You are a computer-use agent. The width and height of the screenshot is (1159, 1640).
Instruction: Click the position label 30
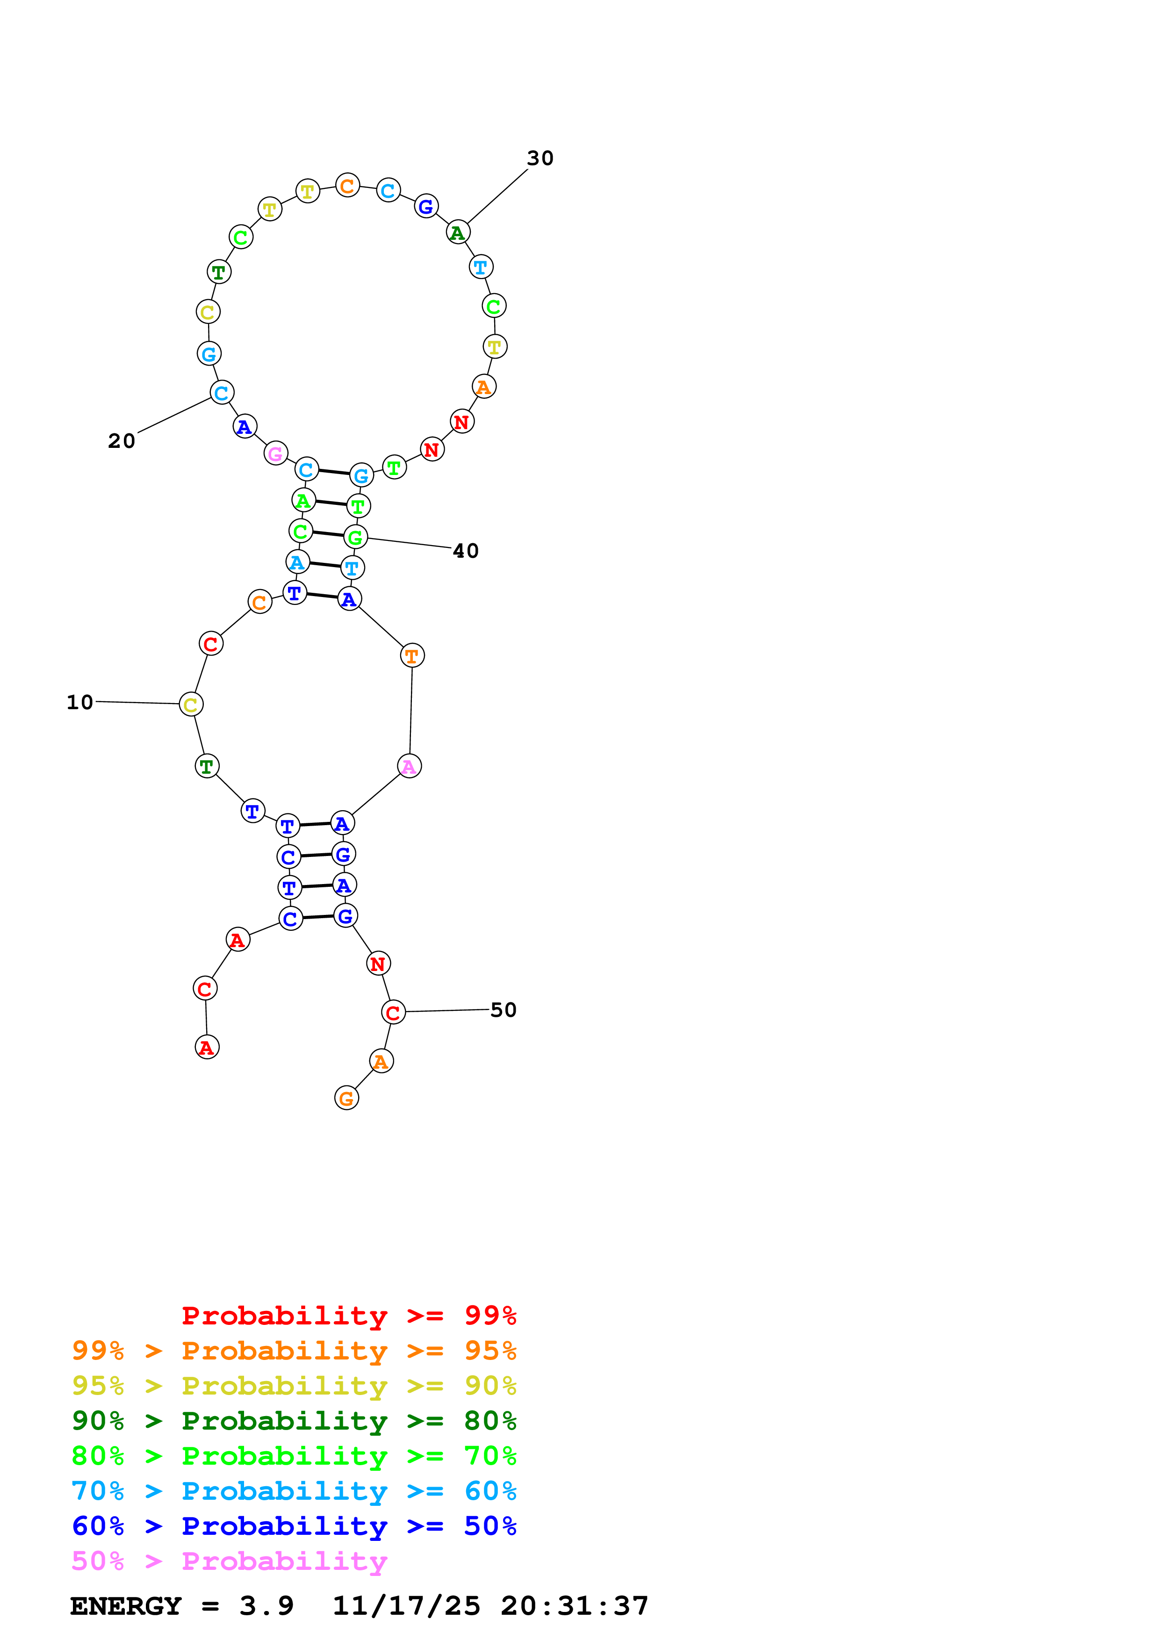[x=540, y=158]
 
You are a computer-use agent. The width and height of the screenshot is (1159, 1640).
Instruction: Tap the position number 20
[x=122, y=441]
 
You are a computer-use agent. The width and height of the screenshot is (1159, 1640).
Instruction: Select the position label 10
[x=80, y=702]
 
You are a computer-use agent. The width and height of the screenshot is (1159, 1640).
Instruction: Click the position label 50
[x=504, y=1010]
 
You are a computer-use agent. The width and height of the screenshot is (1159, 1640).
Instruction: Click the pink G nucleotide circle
[x=276, y=453]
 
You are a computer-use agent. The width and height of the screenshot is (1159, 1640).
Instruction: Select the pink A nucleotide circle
[x=409, y=766]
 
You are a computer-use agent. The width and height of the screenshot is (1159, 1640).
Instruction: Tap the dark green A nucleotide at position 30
[x=458, y=232]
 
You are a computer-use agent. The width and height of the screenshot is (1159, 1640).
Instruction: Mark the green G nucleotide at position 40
[x=355, y=537]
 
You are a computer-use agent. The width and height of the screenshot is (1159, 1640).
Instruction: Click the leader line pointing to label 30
[x=498, y=196]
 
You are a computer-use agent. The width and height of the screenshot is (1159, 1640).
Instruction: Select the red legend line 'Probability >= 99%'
[x=349, y=1315]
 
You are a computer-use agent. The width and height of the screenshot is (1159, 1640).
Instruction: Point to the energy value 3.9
[x=266, y=1606]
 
